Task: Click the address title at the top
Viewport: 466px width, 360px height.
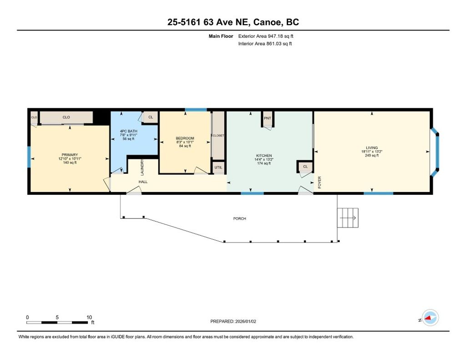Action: (233, 22)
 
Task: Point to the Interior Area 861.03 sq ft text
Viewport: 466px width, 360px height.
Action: (265, 44)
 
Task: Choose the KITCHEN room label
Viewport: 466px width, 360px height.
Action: (263, 156)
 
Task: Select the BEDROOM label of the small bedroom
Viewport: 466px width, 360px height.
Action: (185, 138)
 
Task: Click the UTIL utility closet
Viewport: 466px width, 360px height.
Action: (218, 167)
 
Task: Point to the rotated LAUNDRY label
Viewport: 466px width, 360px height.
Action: (142, 167)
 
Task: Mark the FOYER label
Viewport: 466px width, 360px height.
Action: (319, 182)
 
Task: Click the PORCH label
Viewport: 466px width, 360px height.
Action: (239, 219)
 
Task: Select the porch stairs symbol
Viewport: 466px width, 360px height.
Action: (348, 218)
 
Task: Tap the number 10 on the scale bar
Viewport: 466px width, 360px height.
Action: (89, 317)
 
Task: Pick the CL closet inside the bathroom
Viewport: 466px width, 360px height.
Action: (150, 117)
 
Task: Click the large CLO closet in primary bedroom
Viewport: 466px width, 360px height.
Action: (66, 117)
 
